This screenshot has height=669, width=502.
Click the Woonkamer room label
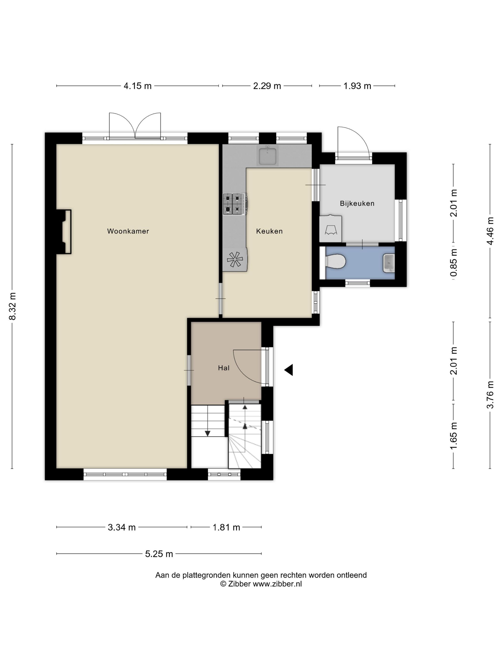coord(128,231)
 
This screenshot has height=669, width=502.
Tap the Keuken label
coord(269,231)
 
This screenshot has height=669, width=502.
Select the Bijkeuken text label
coord(357,204)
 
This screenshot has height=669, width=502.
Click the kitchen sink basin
coord(267,156)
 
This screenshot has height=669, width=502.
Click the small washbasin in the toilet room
coord(389,263)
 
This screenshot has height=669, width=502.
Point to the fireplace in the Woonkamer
coord(64,231)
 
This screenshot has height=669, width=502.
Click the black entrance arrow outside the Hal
coord(289,370)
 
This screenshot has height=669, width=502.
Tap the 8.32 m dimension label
coord(12,306)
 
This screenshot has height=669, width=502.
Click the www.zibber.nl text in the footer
coord(277,584)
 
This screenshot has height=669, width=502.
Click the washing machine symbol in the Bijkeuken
coord(331,229)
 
